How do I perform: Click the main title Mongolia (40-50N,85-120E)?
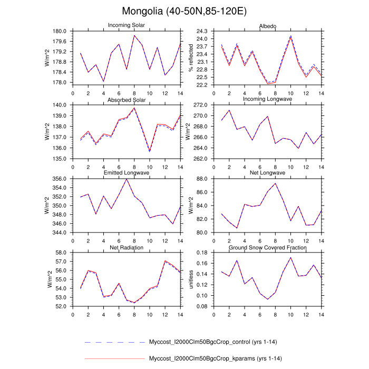tap(184, 11)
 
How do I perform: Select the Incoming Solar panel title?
tap(127, 25)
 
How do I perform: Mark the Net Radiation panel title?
tap(127, 248)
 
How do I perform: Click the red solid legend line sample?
tap(114, 359)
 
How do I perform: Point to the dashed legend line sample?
tap(114, 342)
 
